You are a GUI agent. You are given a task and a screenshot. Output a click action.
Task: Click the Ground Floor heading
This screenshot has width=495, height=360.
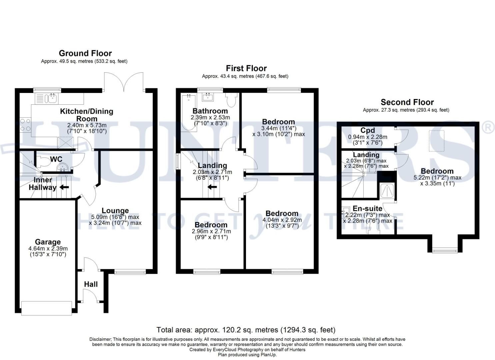pyautogui.click(x=85, y=53)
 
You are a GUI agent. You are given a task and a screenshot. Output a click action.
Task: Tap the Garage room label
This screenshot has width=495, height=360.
pyautogui.click(x=48, y=242)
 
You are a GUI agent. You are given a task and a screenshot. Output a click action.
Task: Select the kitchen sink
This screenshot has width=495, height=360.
pyautogui.click(x=52, y=98)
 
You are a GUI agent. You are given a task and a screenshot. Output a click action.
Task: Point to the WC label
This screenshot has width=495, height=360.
pyautogui.click(x=56, y=159)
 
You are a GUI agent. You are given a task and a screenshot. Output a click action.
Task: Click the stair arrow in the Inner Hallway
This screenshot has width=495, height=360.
pyautogui.click(x=64, y=187)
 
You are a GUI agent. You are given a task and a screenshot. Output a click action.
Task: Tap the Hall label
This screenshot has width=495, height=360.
pyautogui.click(x=91, y=284)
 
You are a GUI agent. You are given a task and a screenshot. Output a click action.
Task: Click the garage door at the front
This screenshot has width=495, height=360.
pyautogui.click(x=46, y=308)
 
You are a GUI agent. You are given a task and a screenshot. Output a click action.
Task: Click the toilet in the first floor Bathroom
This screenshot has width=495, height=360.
pyautogui.click(x=231, y=99)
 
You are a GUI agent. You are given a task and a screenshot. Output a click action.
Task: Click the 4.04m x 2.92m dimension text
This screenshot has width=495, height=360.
pyautogui.click(x=282, y=220)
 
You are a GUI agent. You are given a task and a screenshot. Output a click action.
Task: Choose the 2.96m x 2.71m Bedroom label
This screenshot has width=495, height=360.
pyautogui.click(x=211, y=225)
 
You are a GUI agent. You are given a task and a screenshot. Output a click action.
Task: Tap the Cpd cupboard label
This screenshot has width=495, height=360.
pyautogui.click(x=367, y=130)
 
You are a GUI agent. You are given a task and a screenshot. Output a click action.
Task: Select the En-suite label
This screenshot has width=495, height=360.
pyautogui.click(x=367, y=209)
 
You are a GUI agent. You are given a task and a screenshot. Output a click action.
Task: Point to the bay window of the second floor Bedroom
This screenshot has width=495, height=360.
pyautogui.click(x=445, y=250)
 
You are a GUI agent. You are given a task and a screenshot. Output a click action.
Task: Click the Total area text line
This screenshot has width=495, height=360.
pyautogui.click(x=246, y=330)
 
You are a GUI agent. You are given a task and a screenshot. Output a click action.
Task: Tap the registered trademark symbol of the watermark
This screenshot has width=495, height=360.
pyautogui.click(x=488, y=128)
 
